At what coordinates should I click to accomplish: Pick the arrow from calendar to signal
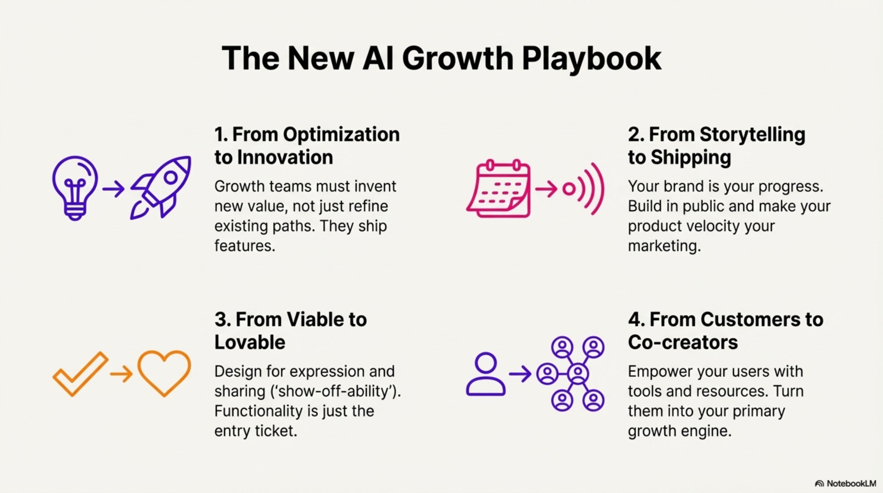546,189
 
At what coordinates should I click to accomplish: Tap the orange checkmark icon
81,374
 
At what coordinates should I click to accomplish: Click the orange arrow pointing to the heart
121,373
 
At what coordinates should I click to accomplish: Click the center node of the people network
578,373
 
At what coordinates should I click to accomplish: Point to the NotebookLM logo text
851,483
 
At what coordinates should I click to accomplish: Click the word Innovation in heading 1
285,157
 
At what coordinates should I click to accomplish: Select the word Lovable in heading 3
250,342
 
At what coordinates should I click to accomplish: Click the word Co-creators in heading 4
683,342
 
